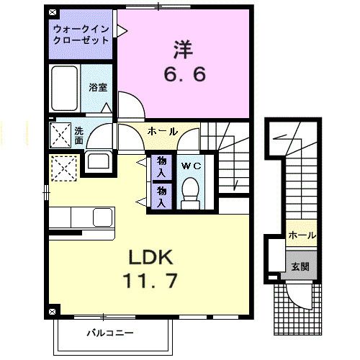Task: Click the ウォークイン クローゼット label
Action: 81,35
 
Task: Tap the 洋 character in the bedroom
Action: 181,48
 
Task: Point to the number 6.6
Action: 184,73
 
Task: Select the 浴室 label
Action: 98,87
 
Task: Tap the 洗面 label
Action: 78,135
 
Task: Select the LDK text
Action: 153,257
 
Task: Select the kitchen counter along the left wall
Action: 81,216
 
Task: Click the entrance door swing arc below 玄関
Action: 297,296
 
